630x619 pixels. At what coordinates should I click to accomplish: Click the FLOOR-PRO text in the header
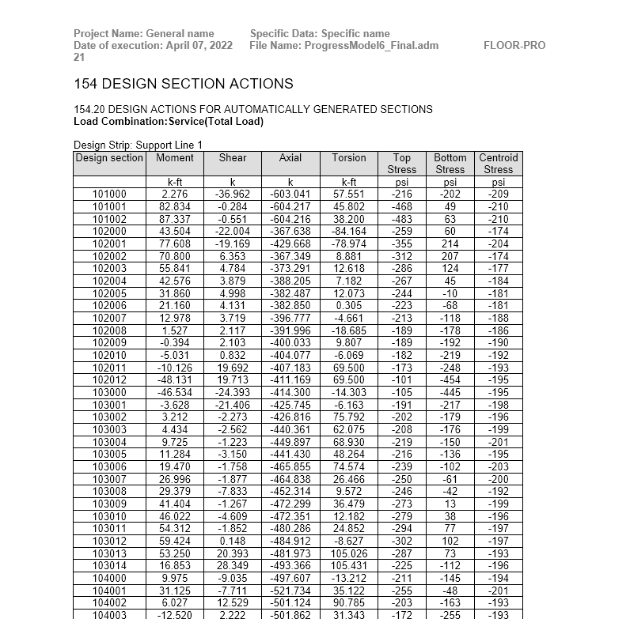point(514,46)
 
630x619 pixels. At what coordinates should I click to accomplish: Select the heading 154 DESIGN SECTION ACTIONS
point(183,84)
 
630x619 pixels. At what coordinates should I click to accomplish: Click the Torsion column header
point(349,158)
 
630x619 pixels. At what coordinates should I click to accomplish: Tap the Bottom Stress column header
point(450,164)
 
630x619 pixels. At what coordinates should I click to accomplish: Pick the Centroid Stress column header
point(499,164)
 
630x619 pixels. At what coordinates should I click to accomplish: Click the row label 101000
point(109,194)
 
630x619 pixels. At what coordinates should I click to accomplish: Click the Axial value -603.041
point(290,194)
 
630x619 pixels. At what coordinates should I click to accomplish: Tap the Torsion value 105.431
point(349,565)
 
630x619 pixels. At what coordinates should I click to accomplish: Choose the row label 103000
point(109,392)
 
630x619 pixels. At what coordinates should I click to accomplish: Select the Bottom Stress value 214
point(450,243)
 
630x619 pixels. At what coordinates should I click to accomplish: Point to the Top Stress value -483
point(402,219)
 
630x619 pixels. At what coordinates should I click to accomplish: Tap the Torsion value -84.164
point(349,231)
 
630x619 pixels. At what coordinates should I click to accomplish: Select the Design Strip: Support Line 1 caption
point(138,145)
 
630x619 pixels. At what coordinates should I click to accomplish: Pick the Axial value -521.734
point(290,591)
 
